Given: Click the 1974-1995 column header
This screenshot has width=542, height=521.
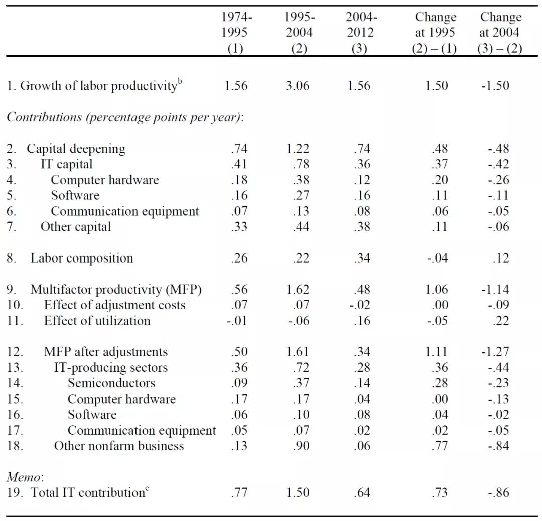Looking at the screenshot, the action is (236, 32).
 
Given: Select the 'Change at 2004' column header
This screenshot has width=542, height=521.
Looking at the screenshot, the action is (500, 32).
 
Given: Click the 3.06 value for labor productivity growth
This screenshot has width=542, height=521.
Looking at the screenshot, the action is (297, 86).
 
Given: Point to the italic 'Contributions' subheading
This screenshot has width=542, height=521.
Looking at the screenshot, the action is (44, 117).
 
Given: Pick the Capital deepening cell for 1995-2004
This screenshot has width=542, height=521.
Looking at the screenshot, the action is (297, 148).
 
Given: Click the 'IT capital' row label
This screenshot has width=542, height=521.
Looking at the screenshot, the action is (66, 164).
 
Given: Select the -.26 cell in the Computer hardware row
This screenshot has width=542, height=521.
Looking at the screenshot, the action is (498, 180).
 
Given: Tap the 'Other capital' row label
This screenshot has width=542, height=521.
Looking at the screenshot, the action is (76, 227).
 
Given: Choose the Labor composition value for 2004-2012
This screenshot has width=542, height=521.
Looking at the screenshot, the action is (362, 258).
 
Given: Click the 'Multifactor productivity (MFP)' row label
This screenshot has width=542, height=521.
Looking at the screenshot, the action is (116, 290).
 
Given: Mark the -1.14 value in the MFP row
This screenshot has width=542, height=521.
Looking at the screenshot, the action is (495, 290).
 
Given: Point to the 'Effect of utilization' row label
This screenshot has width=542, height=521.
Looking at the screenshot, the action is (97, 321).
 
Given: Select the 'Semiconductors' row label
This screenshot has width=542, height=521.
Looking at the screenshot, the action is (111, 383).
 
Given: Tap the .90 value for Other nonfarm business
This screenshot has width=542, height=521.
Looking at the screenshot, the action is (301, 446).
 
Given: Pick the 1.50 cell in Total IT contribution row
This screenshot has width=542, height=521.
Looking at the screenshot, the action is (297, 493).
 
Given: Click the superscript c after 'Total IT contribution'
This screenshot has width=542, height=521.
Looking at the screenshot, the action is (147, 488).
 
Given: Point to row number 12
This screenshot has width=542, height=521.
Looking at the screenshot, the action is (15, 352).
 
